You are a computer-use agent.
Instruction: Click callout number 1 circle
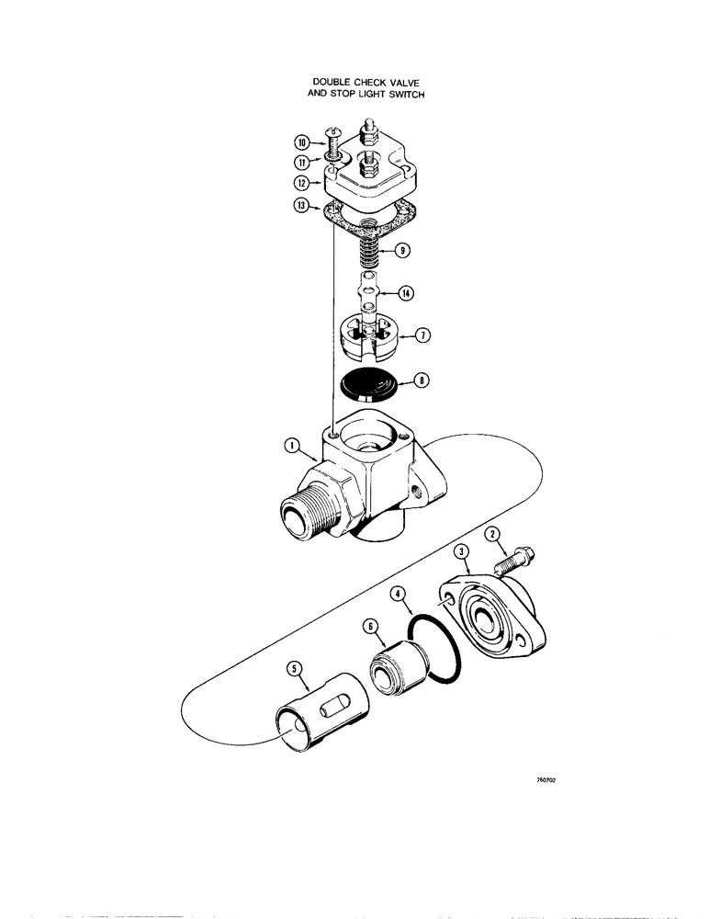click(x=291, y=448)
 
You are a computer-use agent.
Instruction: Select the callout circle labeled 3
click(x=463, y=551)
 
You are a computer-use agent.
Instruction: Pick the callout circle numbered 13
click(x=300, y=208)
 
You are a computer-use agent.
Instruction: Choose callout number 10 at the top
click(x=301, y=142)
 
